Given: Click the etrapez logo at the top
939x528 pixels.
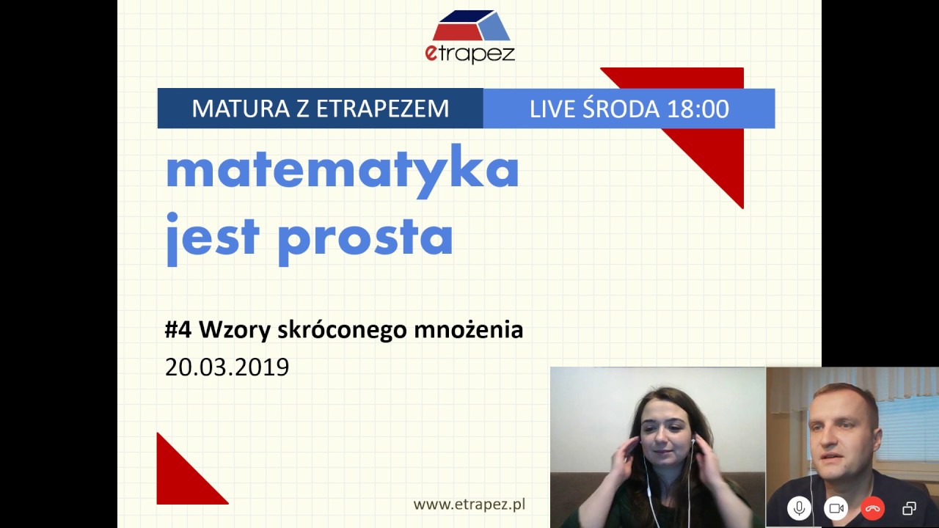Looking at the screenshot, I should (x=469, y=37).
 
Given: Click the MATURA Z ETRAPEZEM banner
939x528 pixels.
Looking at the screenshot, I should (x=320, y=109).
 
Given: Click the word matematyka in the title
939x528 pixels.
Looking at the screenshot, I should (x=342, y=171).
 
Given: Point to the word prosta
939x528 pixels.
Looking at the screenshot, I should (x=365, y=237).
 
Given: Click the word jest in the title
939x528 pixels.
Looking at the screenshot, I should (x=213, y=237).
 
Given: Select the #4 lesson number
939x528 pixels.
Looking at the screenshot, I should (x=178, y=330).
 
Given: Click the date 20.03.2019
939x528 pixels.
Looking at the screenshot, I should (x=227, y=367).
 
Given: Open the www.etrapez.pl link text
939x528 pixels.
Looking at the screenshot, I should (x=469, y=504).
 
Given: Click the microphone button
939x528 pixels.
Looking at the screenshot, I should (x=799, y=508).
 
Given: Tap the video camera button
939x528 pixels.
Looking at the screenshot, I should (x=836, y=508).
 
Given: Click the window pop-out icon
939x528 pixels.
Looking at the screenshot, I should (x=909, y=508).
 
